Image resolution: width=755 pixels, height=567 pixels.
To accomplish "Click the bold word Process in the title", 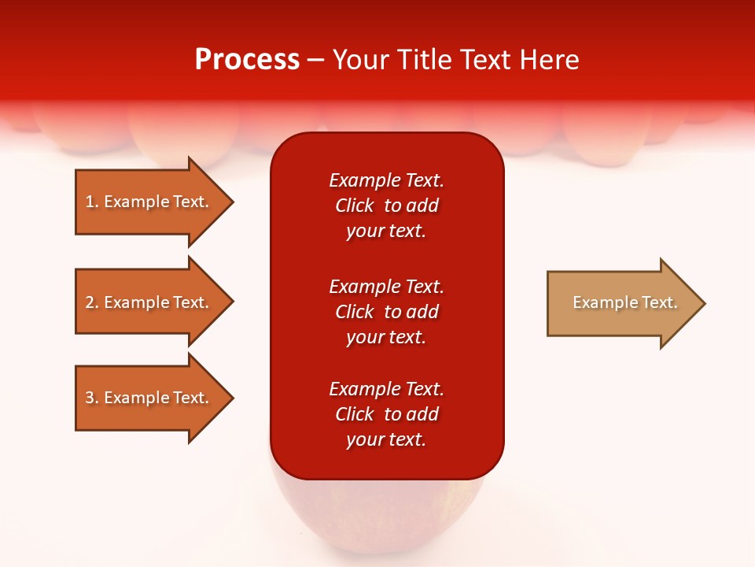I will point(247,60).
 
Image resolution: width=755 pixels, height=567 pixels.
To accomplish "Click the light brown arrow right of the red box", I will point(621,303).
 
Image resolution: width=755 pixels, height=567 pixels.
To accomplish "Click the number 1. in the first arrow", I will point(91,202).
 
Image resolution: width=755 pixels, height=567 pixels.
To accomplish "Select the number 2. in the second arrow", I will point(91,302).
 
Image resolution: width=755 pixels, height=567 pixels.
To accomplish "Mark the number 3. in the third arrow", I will point(91,398).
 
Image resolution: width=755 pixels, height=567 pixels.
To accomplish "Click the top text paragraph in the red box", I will point(386,206).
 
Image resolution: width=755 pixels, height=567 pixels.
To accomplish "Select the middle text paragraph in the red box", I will point(386,312).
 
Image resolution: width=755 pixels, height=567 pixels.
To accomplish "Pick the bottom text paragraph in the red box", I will point(386,414).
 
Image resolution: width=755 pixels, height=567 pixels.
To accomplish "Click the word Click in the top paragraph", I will point(355,206).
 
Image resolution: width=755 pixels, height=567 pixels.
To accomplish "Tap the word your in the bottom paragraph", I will point(363,440).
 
